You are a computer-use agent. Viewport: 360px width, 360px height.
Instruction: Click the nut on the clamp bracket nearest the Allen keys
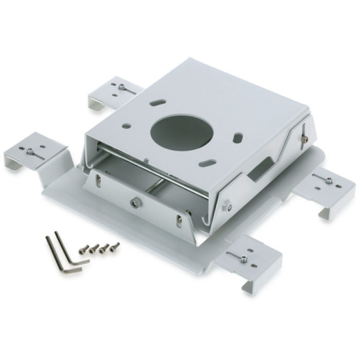(30, 152)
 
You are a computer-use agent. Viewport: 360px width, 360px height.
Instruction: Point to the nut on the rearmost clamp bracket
(121, 87)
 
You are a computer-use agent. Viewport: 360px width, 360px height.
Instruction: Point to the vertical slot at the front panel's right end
(178, 221)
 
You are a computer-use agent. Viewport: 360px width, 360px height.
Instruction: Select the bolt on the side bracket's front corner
(224, 206)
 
